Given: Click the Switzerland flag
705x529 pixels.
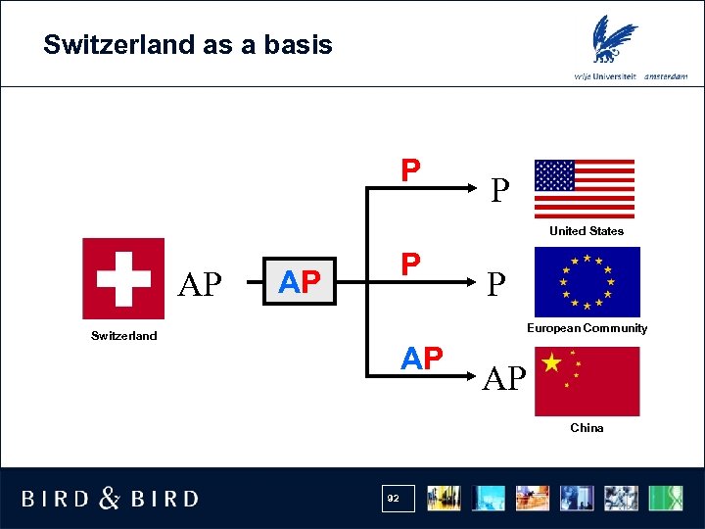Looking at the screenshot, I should pos(123,278).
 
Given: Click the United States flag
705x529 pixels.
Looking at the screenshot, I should pos(585,188).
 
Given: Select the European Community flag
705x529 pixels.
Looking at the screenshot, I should pos(587,282).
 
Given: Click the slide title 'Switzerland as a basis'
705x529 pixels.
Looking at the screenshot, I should pos(188,45).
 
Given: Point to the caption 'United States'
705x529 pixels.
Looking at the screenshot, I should pos(587,231).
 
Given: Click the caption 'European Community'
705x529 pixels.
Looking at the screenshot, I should pos(587,328).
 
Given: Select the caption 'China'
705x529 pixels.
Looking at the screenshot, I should pos(587,428).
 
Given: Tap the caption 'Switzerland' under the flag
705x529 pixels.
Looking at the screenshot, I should pos(123,336).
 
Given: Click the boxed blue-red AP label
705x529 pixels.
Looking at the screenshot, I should pos(300,284).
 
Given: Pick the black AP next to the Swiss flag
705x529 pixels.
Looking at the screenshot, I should pos(202,284).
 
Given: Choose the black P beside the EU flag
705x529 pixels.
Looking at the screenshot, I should pos(497,284).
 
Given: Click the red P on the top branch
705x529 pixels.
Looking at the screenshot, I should pos(411,170).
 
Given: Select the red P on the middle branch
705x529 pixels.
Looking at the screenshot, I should pos(411,264).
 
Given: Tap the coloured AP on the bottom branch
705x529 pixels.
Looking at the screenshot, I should pos(422,359).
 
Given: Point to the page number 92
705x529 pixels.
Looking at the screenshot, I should pos(394,499).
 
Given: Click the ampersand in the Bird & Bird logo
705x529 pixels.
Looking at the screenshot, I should pos(111,499).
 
